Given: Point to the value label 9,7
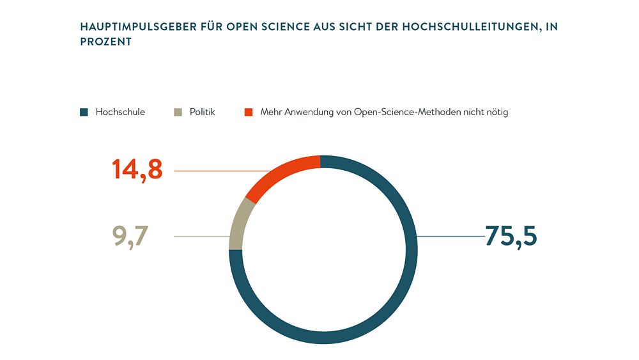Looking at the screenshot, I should [x=130, y=237].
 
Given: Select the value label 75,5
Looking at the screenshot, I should [x=511, y=237].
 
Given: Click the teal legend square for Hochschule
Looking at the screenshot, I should [x=83, y=113].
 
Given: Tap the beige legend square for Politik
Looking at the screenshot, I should [x=178, y=113].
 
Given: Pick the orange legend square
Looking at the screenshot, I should [x=249, y=113].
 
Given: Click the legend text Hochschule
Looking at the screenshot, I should [x=120, y=112].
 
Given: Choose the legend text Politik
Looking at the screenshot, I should [x=202, y=112].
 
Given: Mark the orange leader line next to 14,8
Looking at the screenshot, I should [x=217, y=171].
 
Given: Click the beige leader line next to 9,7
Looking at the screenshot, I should [x=201, y=237].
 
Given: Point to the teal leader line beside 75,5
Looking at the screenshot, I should [x=450, y=237].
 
